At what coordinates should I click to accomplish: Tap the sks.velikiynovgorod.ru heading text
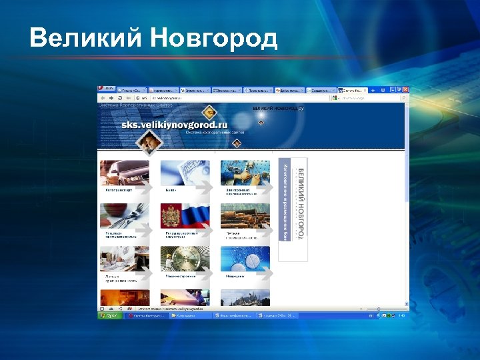pyautogui.click(x=174, y=125)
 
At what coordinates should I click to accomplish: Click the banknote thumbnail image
pyautogui.click(x=185, y=173)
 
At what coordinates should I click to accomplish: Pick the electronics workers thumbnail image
pyautogui.click(x=245, y=173)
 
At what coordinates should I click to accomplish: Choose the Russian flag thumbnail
pyautogui.click(x=185, y=215)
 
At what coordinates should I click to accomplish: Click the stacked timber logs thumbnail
pyautogui.click(x=245, y=215)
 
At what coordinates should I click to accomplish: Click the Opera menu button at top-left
pyautogui.click(x=105, y=89)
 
